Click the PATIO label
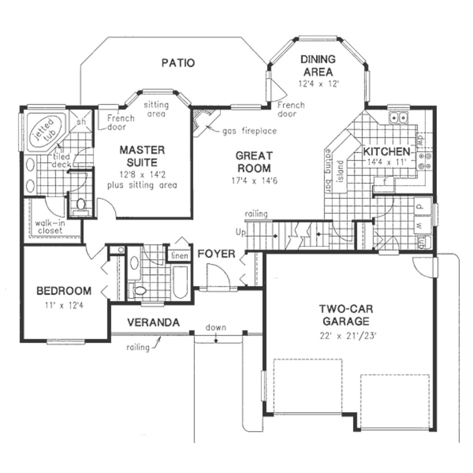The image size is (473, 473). tap(178, 63)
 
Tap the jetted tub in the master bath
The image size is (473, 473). tap(43, 130)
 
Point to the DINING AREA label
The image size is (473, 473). tap(317, 65)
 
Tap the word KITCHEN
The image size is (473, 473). tap(386, 152)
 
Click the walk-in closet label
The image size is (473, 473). tap(49, 227)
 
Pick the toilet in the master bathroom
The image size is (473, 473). tap(81, 205)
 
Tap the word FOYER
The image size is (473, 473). tap(216, 254)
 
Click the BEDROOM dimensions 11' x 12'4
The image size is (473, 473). tap(64, 304)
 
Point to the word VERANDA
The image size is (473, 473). tap(153, 322)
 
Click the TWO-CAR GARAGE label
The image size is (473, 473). tap(346, 315)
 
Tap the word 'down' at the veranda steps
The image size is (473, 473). tap(216, 327)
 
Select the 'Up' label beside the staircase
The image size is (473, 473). tap(240, 232)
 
